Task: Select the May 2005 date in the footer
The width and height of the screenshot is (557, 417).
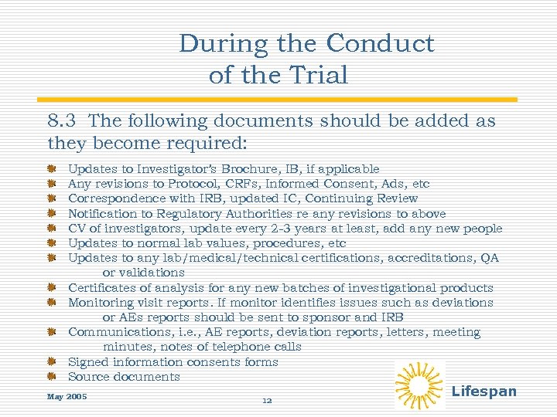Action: point(67,397)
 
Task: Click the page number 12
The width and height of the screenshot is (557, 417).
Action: point(267,401)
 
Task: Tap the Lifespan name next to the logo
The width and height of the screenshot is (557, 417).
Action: point(484,392)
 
